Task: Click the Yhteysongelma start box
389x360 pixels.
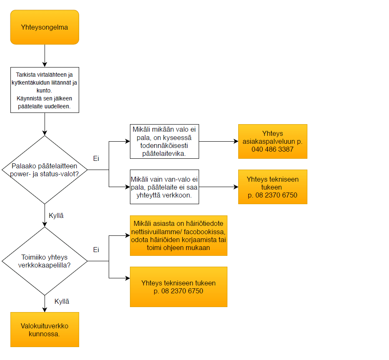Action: point(45,27)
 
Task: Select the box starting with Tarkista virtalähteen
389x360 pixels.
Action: point(45,90)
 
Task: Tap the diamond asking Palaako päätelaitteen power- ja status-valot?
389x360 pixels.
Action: point(45,170)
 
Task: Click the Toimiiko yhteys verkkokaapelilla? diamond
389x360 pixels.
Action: point(45,261)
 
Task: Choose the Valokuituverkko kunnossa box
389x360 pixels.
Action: point(45,330)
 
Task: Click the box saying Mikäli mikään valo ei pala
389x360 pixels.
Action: point(165,142)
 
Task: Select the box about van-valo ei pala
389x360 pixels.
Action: point(165,187)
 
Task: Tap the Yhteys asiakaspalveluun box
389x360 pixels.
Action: point(273,142)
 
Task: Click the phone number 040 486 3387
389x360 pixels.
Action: point(272,149)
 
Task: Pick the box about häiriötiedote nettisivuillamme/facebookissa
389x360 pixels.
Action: point(179,235)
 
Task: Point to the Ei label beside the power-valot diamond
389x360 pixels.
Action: point(96,158)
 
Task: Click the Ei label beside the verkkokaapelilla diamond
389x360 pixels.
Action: point(96,250)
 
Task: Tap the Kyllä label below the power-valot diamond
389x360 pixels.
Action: point(56,215)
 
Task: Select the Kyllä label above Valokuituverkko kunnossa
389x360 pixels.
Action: point(62,301)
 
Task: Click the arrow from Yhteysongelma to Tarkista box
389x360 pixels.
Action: point(45,56)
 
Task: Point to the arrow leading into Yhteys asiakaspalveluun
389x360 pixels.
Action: point(219,142)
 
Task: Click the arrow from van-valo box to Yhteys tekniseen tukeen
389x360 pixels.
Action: point(219,187)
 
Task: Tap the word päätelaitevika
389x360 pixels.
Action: point(164,154)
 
